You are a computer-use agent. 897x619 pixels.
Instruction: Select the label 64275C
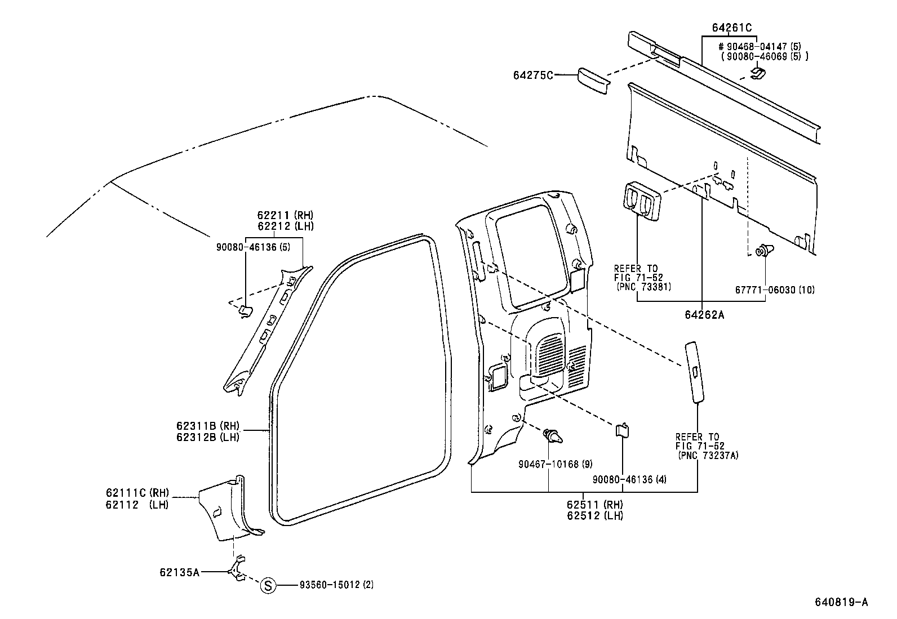tap(533, 75)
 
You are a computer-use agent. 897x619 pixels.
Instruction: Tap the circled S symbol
tap(269, 585)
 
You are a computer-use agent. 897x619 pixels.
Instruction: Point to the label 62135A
tap(179, 572)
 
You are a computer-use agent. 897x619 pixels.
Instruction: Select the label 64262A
tap(704, 315)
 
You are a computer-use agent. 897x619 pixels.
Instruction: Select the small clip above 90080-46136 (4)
tap(622, 430)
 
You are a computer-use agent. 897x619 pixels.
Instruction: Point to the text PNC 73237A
tap(708, 455)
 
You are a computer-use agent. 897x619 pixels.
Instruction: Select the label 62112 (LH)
tap(136, 505)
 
